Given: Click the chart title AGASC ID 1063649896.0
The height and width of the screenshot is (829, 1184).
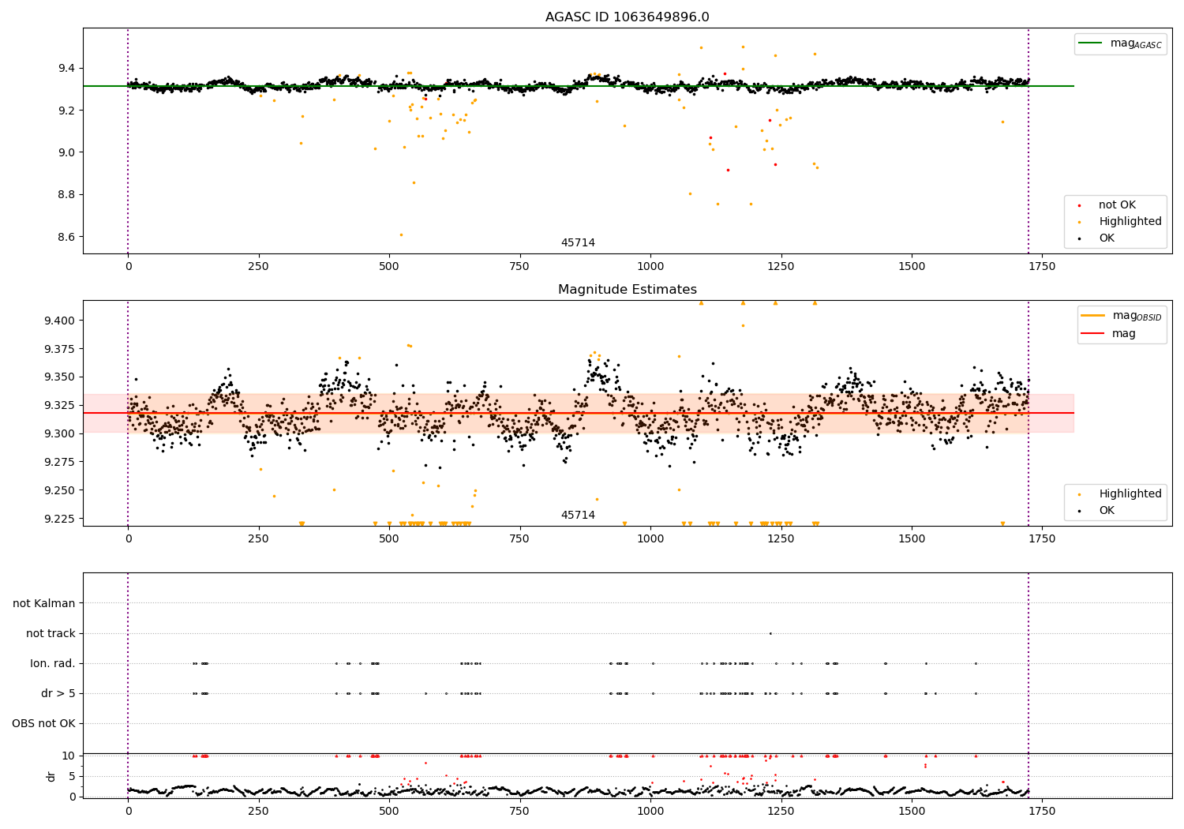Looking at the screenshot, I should click(x=627, y=17).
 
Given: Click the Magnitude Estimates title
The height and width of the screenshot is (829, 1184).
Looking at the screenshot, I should click(x=627, y=290).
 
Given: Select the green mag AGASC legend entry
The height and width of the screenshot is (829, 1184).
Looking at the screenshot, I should click(x=1120, y=43).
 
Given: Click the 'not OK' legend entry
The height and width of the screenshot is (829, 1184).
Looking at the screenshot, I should click(x=1116, y=205).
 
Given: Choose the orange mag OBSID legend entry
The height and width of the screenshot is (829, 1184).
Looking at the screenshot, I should click(x=1121, y=316).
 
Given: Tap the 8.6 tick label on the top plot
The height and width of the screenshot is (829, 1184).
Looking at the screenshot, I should click(x=64, y=237).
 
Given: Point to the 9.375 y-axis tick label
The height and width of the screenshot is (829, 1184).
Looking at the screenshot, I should click(x=58, y=349).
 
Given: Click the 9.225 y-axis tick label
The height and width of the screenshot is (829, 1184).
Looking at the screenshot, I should click(x=58, y=519).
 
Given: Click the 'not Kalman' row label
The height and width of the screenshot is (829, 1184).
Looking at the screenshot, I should click(x=44, y=603).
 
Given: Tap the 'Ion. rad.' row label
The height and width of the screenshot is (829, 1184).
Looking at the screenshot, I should click(x=53, y=663).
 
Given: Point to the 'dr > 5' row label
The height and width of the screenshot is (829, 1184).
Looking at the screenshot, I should click(x=58, y=693).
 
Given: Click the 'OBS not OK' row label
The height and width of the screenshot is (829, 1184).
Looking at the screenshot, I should click(x=43, y=723).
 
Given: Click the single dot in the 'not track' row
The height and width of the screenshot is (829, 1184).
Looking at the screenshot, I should click(x=770, y=633).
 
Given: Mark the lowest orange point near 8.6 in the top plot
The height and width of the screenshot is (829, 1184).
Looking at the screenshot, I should click(x=401, y=234).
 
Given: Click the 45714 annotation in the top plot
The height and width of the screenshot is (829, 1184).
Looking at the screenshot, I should click(x=578, y=243).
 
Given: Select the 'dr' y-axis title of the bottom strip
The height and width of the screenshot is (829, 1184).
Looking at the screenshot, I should click(x=51, y=776).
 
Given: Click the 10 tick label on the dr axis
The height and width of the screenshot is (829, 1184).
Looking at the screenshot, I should click(x=68, y=756).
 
